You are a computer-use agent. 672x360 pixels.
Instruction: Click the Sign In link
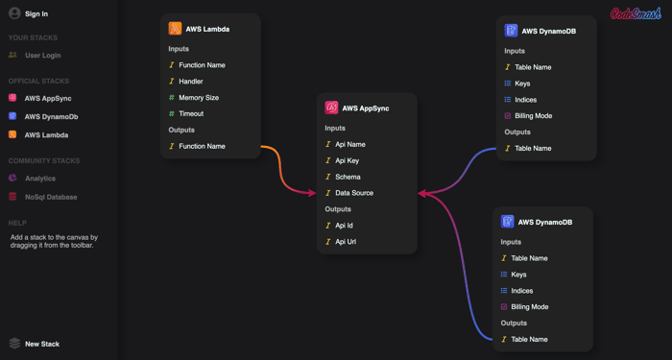[36, 13]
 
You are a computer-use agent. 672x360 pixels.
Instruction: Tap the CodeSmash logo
[636, 13]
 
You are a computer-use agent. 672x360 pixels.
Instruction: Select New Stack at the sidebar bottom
[42, 344]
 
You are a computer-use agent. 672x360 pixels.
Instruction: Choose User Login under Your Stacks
[43, 56]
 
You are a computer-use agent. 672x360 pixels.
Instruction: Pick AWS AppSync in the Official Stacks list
[48, 98]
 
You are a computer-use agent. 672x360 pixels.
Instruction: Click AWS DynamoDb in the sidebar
[51, 116]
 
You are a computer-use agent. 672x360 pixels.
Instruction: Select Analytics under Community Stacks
[40, 179]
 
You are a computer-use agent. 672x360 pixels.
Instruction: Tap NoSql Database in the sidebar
[51, 197]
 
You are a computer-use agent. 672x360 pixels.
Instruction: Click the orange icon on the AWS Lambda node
[175, 29]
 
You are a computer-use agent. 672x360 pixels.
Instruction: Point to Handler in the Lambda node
[191, 81]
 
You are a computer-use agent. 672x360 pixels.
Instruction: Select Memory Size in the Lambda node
[199, 97]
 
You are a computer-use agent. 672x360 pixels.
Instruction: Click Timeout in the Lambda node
[191, 113]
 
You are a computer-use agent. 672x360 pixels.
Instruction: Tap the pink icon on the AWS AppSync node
[331, 108]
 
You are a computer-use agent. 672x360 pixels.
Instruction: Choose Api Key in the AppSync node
[348, 160]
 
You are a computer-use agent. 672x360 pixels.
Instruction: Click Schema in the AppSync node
[348, 177]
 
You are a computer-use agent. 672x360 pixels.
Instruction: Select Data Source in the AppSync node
[354, 193]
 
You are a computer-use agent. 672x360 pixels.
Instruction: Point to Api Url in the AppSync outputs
[346, 242]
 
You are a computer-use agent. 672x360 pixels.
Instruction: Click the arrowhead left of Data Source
[312, 193]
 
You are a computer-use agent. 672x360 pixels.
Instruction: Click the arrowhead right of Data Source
[422, 194]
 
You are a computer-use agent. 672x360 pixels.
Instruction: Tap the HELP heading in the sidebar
[17, 223]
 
